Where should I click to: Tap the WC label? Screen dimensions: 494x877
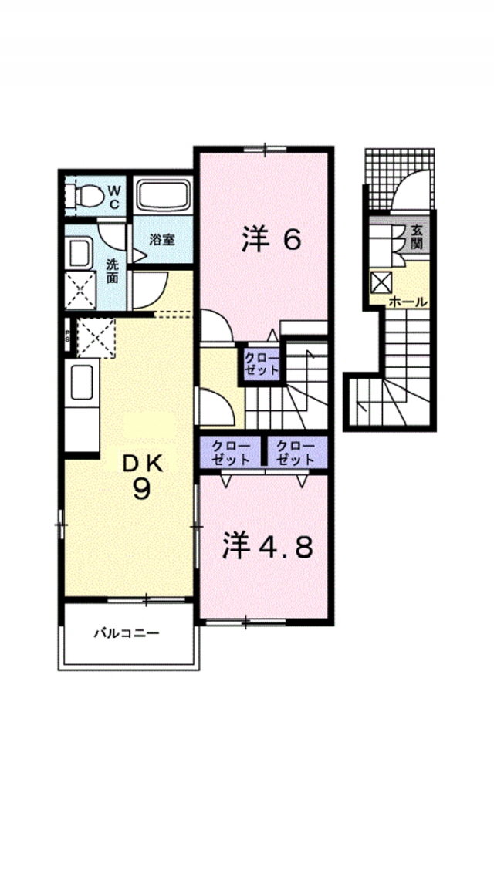coord(113,197)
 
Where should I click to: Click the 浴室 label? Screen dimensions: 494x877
coord(162,240)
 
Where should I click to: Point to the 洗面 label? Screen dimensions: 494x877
coord(113,271)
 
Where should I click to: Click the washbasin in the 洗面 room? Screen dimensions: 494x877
coord(80,253)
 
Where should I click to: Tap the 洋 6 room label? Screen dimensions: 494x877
coord(272,240)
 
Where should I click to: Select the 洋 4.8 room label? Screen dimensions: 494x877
coord(267,548)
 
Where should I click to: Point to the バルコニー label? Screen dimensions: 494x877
coord(127,633)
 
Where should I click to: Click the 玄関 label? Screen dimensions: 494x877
coord(417,237)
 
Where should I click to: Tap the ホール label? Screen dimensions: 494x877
coord(408,302)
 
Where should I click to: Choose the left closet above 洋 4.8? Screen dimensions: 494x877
coord(231,453)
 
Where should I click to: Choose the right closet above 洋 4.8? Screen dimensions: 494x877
coord(296,453)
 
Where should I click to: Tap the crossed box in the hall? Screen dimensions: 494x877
coord(383,282)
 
